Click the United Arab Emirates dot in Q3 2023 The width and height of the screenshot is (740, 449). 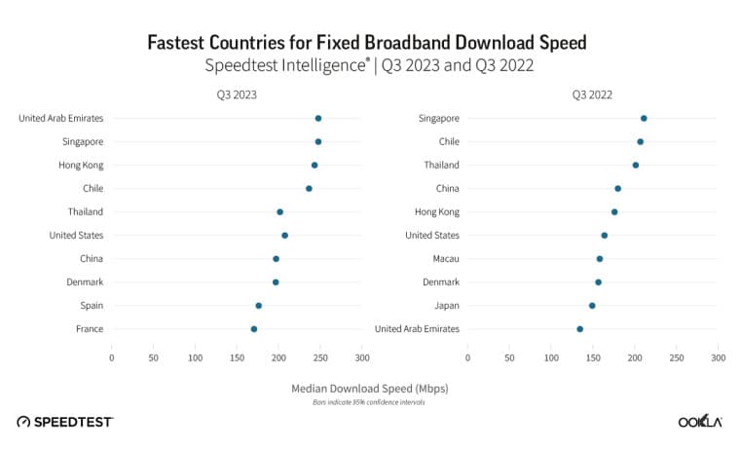[x=318, y=118]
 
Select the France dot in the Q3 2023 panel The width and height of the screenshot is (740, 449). [x=254, y=329]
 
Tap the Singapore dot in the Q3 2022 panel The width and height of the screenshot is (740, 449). [x=644, y=118]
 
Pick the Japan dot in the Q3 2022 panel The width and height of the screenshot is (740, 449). [x=592, y=306]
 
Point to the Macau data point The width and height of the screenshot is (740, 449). [x=600, y=259]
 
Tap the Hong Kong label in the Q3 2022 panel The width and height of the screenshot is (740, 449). [x=436, y=211]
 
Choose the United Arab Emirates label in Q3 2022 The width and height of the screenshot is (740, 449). [x=417, y=329]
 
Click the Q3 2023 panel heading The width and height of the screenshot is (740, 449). [x=237, y=95]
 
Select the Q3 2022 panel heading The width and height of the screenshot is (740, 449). [x=592, y=95]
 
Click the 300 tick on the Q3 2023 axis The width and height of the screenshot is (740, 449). [x=362, y=358]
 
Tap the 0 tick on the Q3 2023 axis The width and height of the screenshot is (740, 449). [x=112, y=358]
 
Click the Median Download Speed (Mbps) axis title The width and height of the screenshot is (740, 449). [x=370, y=388]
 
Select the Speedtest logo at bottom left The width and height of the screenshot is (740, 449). [x=65, y=421]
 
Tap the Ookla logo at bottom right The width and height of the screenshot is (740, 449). [x=699, y=421]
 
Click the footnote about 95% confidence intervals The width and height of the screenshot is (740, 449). [x=370, y=401]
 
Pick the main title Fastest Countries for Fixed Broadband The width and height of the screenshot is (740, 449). [x=367, y=43]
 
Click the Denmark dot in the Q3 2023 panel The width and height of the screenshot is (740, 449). [x=276, y=282]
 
